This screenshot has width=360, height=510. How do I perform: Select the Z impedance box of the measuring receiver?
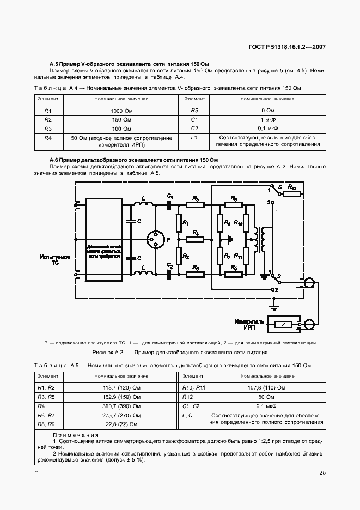pyautogui.click(x=283, y=325)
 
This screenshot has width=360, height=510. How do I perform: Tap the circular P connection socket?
pyautogui.click(x=156, y=239)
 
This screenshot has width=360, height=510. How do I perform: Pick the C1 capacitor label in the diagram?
pyautogui.click(x=170, y=196)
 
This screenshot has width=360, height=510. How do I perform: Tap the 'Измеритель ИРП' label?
pyautogui.click(x=249, y=324)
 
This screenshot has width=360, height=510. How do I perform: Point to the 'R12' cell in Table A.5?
pyautogui.click(x=188, y=397)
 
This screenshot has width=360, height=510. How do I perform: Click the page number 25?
pyautogui.click(x=322, y=473)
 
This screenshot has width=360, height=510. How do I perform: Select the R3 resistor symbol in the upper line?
pyautogui.click(x=195, y=205)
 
